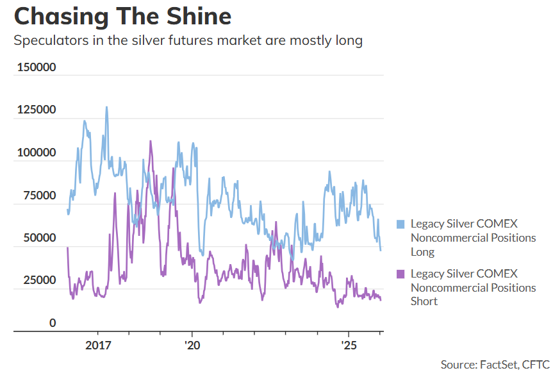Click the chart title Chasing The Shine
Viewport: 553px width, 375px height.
coord(122,16)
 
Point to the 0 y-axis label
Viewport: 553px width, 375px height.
coord(53,323)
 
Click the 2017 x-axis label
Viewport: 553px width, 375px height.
coord(98,344)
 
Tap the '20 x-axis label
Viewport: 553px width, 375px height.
coord(191,344)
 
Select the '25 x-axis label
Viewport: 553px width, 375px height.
coord(349,344)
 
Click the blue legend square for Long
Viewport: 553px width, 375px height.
coord(400,224)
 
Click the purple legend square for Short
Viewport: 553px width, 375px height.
coord(400,274)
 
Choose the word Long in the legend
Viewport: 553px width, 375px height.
coord(423,252)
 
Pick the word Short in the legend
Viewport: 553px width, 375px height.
coord(424,301)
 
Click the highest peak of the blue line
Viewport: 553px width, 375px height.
coord(106,107)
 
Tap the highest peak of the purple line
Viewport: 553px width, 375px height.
coord(151,141)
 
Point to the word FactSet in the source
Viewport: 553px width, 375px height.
coord(500,364)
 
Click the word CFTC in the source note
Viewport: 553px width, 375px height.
coord(535,364)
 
